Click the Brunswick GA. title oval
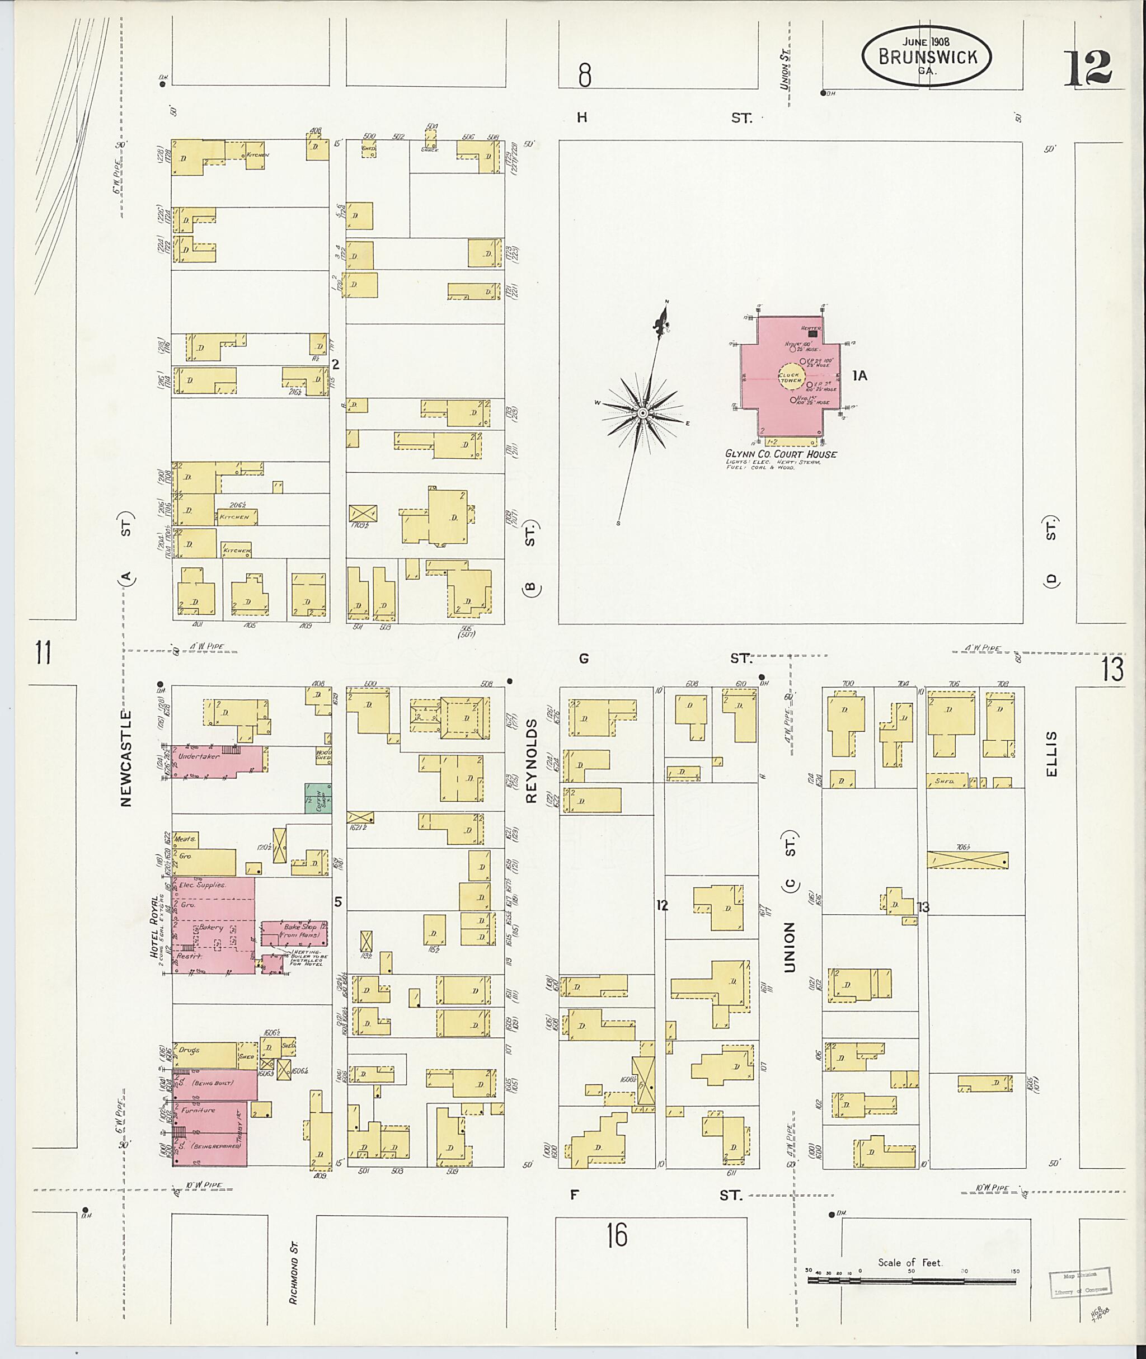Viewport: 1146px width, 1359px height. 927,57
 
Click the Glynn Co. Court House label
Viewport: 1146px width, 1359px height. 781,454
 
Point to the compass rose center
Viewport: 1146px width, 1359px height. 642,413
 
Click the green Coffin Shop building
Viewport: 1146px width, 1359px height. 318,798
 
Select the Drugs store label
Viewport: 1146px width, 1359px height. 190,1050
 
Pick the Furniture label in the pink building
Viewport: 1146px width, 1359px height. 198,1110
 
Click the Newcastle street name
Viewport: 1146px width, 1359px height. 126,758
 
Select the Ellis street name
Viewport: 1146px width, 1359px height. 1052,754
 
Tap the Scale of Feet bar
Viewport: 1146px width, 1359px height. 912,1282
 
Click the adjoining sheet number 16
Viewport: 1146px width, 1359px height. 617,1234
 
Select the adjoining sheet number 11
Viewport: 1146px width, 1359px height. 43,652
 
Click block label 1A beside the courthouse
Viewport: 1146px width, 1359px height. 859,375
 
